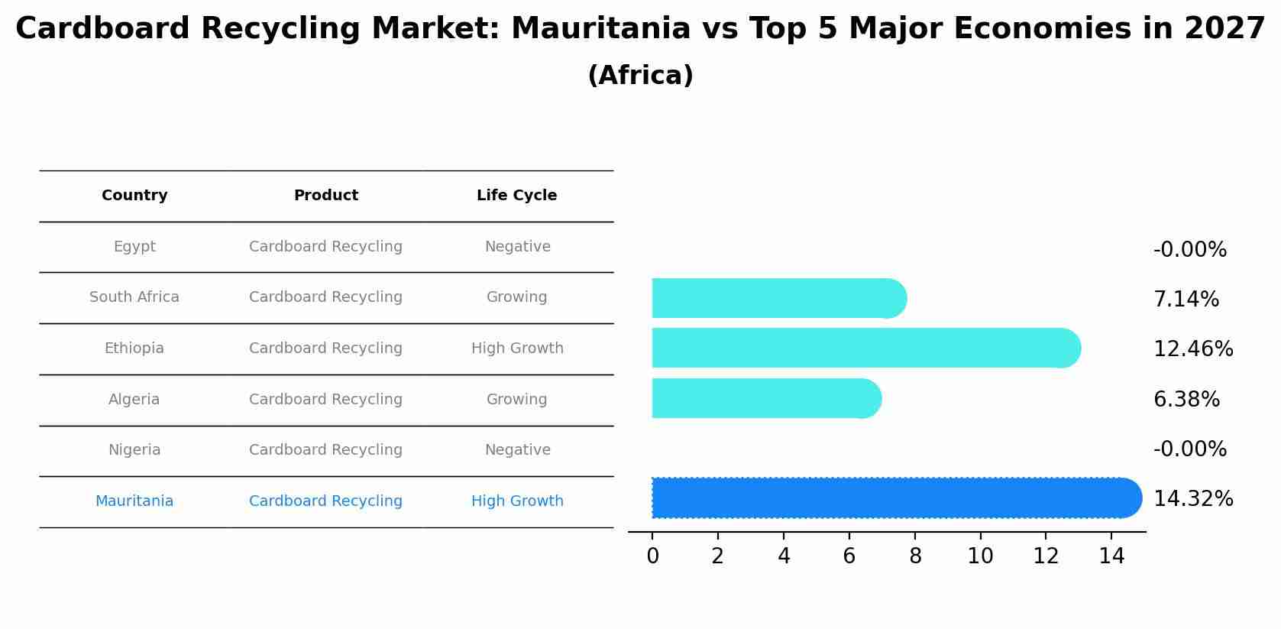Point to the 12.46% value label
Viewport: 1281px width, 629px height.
tap(1192, 349)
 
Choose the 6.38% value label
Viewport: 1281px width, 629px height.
tap(1186, 399)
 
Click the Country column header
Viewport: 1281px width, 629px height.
tap(134, 196)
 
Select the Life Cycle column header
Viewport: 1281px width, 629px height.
tap(517, 196)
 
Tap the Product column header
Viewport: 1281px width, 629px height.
tap(326, 196)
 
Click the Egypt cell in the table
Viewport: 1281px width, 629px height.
tap(134, 247)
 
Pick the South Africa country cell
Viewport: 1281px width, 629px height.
tap(134, 297)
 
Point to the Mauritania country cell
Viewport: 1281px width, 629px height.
tap(134, 501)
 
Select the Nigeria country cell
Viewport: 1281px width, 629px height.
tap(134, 450)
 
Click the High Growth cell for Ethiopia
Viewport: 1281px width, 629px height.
tap(517, 349)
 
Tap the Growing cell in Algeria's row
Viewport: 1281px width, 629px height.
tap(517, 400)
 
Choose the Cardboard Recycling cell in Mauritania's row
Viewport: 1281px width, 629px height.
tap(326, 501)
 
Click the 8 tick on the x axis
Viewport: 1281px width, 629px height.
tap(915, 556)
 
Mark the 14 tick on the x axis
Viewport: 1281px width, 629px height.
tap(1111, 556)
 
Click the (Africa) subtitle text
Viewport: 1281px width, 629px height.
tap(640, 76)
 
